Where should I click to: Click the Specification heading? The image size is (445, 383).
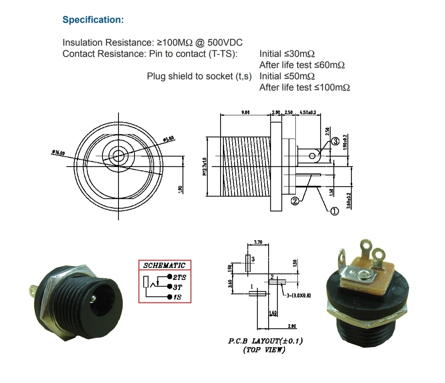pyautogui.click(x=93, y=20)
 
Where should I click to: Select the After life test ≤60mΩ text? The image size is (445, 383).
pyautogui.click(x=302, y=65)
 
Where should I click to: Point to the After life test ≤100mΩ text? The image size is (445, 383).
pyautogui.click(x=305, y=87)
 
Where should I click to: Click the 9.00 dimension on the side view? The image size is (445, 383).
pyautogui.click(x=245, y=113)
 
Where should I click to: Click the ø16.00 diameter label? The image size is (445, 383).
pyautogui.click(x=58, y=153)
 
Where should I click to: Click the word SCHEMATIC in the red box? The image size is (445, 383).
pyautogui.click(x=164, y=265)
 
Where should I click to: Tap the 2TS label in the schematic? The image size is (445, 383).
pyautogui.click(x=180, y=277)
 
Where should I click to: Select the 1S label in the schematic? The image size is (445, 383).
pyautogui.click(x=178, y=297)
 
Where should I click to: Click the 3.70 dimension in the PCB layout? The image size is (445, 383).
pyautogui.click(x=258, y=243)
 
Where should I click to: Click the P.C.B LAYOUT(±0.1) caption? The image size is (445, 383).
pyautogui.click(x=265, y=341)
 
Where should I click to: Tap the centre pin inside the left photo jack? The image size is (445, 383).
pyautogui.click(x=93, y=298)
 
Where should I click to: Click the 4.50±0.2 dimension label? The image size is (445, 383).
pyautogui.click(x=308, y=113)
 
